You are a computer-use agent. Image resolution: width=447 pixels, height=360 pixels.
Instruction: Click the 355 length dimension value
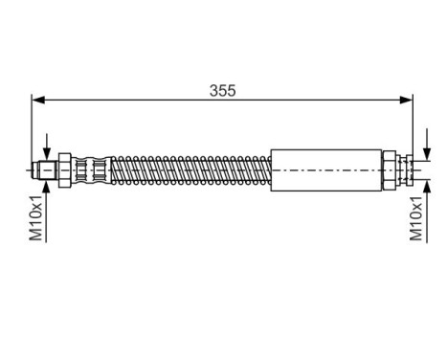pos(222,91)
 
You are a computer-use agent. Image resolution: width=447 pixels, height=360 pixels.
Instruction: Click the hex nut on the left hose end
pos(64,171)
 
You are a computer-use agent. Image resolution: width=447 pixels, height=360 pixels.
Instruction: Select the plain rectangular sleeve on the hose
pos(326,171)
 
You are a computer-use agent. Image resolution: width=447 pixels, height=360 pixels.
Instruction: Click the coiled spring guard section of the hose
pos(191,171)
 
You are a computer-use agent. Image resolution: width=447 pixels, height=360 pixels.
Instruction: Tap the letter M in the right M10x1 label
pos(416,236)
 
